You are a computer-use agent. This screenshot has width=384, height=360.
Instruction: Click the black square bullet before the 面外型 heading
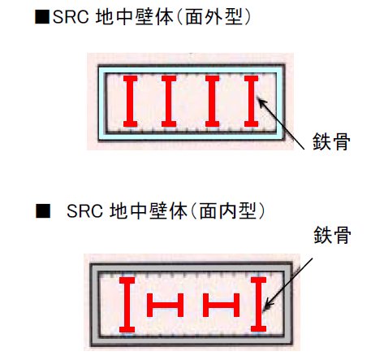(x=42, y=17)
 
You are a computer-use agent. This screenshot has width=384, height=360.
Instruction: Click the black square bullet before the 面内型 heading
(x=43, y=210)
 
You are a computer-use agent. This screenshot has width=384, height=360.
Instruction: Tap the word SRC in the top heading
(x=71, y=17)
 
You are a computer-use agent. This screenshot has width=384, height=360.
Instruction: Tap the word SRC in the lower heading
(x=84, y=211)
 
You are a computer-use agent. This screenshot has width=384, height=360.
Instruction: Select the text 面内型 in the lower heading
(x=227, y=211)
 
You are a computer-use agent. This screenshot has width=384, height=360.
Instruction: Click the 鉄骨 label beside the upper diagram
(x=331, y=141)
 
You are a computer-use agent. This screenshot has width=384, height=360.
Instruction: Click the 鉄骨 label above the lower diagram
(x=332, y=235)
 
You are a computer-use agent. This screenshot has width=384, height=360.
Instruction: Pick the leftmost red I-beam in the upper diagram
(x=131, y=102)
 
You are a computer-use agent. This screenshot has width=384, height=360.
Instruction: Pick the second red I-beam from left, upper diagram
(x=169, y=102)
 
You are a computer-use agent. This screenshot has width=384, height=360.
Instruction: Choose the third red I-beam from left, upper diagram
(x=212, y=102)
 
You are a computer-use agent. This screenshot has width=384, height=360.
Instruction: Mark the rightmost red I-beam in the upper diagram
(x=251, y=102)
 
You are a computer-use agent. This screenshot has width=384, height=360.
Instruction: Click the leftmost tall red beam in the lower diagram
(x=127, y=305)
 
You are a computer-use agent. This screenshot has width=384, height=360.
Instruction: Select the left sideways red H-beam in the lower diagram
(x=166, y=305)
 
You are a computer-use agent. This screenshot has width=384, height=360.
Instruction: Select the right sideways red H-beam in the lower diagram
(x=221, y=305)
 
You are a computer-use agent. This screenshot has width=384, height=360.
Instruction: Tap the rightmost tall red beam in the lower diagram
(x=258, y=305)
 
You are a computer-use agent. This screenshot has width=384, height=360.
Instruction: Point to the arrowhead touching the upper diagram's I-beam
(x=261, y=102)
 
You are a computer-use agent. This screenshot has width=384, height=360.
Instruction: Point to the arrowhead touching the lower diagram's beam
(x=268, y=305)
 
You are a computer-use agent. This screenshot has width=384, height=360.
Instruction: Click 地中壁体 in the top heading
(x=135, y=17)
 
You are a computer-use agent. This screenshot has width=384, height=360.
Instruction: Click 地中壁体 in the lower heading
(x=149, y=211)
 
